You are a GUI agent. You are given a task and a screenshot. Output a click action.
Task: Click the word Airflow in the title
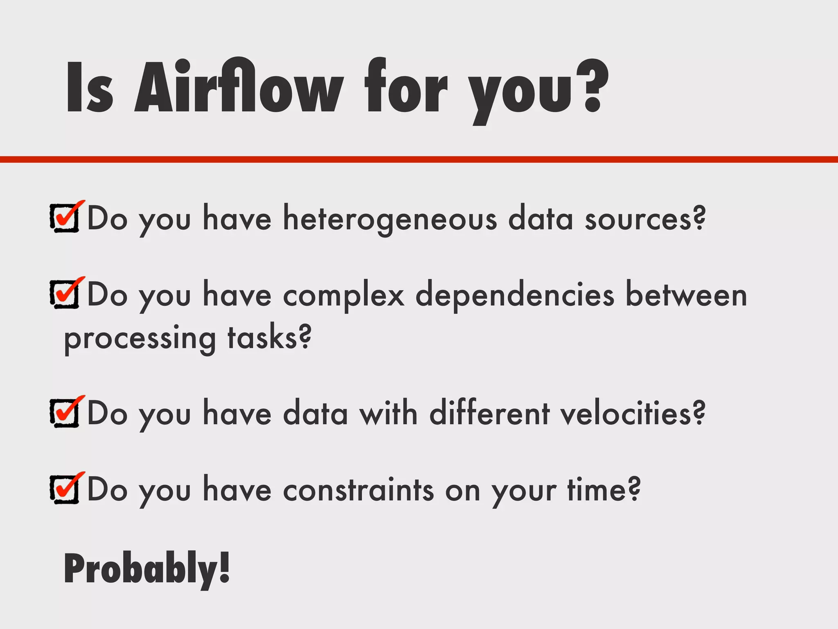(x=237, y=88)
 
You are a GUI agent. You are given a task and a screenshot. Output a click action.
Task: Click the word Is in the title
(x=89, y=88)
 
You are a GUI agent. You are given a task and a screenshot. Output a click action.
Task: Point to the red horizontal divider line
(x=419, y=159)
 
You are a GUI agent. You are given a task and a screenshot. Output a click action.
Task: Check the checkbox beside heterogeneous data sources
(x=65, y=218)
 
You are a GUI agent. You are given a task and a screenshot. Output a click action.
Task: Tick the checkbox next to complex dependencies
(x=65, y=294)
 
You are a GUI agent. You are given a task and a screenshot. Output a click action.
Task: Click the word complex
(x=344, y=295)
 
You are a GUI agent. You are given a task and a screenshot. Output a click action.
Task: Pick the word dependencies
(x=515, y=295)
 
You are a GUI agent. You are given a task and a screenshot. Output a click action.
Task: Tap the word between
(x=686, y=295)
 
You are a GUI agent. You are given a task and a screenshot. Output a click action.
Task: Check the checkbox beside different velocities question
(x=65, y=413)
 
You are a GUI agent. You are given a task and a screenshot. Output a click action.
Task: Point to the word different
(x=489, y=413)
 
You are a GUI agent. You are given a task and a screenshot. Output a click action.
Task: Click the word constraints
(x=358, y=490)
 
